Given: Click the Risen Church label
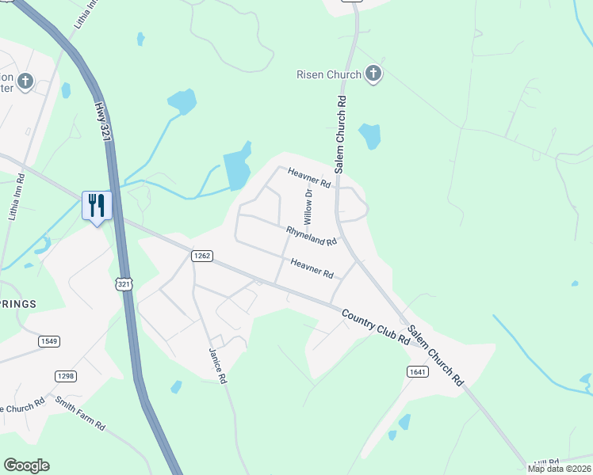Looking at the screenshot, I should (329, 75).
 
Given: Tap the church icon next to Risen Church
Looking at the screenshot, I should (373, 75).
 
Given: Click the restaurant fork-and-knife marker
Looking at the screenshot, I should (97, 206).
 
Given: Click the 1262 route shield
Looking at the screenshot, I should (201, 255).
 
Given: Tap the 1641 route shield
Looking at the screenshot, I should (417, 371).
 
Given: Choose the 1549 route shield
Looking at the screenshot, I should (48, 341).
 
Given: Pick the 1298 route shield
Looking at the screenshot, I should (65, 375).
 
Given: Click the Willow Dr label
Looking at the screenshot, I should (308, 203).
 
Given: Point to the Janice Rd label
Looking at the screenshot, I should (218, 365).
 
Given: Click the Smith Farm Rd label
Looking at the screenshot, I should (80, 412).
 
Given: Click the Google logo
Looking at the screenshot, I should (26, 465).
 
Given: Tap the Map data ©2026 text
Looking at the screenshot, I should (558, 469).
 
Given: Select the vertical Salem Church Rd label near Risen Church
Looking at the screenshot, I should (341, 135).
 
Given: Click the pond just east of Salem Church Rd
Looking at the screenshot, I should (369, 136).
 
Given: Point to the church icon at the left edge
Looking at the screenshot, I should (25, 80).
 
